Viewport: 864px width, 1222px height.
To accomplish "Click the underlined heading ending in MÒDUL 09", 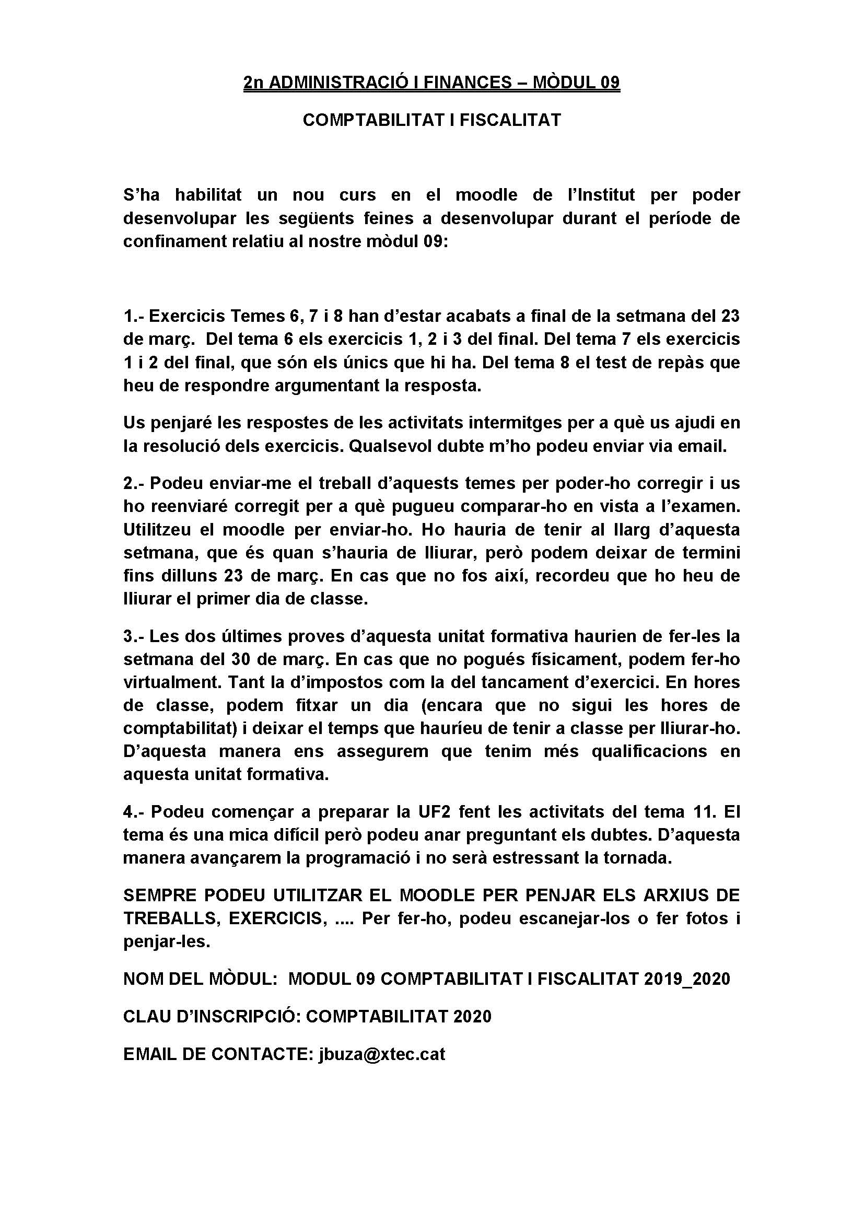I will point(431,83).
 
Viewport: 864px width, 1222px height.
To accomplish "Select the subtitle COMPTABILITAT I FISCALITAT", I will point(431,120).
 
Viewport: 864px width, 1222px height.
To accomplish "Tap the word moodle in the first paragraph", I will point(486,195).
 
